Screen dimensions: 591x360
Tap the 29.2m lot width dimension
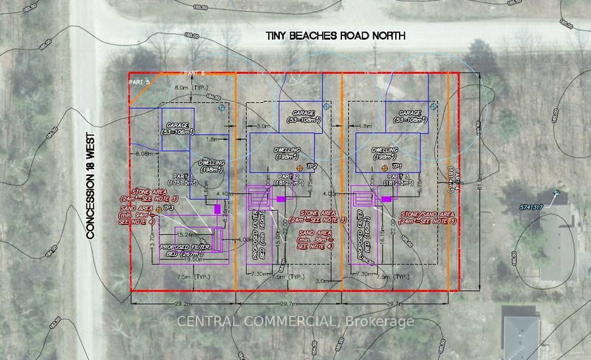182,303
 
